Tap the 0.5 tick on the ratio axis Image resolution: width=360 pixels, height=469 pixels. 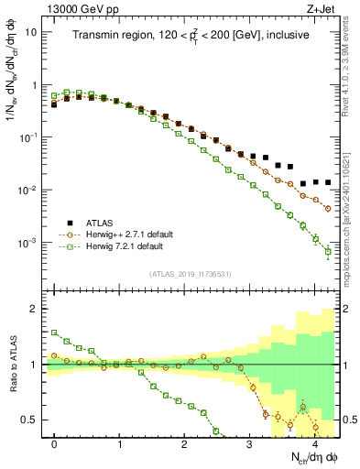point(33,420)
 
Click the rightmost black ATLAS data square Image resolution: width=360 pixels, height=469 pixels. point(328,182)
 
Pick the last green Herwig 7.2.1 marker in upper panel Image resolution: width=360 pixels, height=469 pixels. point(328,253)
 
